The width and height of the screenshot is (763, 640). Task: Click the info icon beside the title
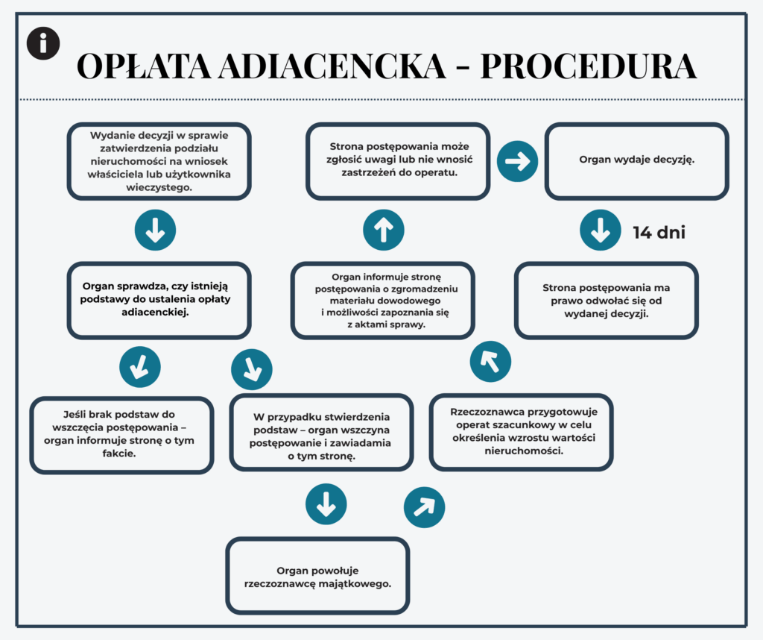(43, 43)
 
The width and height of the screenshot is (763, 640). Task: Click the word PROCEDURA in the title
(588, 67)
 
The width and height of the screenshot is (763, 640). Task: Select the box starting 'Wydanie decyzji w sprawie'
(159, 161)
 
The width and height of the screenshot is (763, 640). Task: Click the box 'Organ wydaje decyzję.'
(636, 161)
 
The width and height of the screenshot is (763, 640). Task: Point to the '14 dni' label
(659, 233)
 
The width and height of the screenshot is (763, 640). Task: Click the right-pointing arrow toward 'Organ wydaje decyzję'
(516, 161)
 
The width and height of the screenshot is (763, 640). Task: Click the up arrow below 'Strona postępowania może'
(383, 230)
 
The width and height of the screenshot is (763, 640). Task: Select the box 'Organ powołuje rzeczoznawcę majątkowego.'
(317, 575)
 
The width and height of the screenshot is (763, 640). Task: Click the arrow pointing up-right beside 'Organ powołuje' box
(424, 508)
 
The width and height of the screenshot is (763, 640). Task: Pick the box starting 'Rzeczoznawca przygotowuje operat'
(522, 431)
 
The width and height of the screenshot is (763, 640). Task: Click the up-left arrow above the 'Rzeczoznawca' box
(490, 362)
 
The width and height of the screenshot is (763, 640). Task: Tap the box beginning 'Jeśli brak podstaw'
(121, 433)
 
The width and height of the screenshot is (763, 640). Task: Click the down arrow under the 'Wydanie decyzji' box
(155, 230)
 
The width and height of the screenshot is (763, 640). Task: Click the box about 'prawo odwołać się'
(606, 299)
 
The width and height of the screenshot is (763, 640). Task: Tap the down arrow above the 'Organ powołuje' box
(326, 506)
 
